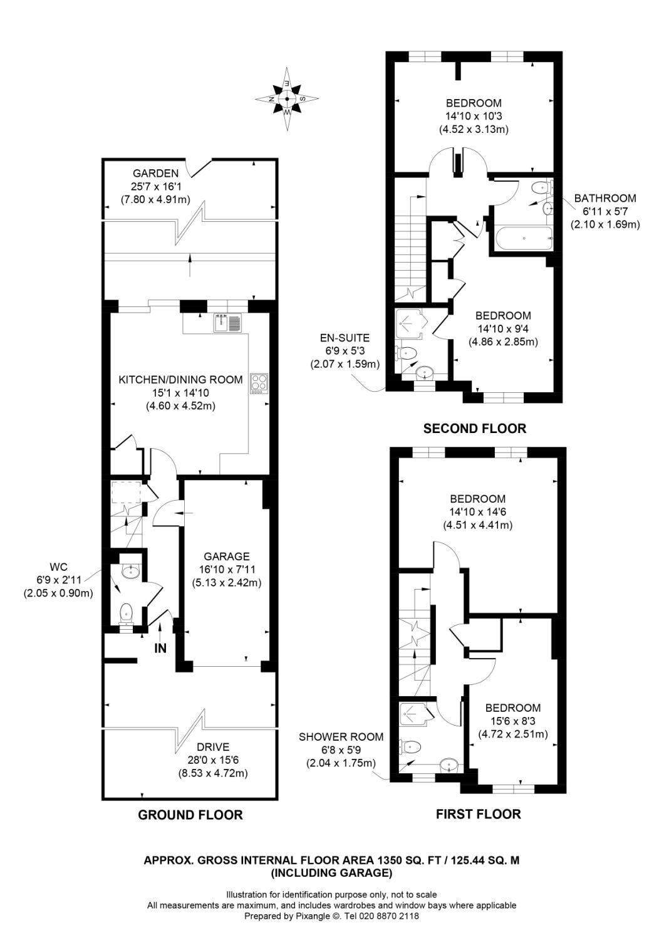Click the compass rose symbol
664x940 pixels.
click(x=287, y=98)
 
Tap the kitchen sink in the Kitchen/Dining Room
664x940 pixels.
click(x=227, y=323)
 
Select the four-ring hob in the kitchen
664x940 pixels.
click(x=259, y=383)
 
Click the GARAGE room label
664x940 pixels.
click(x=226, y=556)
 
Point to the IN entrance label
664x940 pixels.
click(x=160, y=649)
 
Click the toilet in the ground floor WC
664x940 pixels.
click(x=127, y=612)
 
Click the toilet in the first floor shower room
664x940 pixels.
click(x=412, y=746)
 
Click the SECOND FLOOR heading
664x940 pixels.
click(x=474, y=429)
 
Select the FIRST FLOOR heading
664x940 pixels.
click(x=478, y=814)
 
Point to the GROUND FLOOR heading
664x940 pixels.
click(x=190, y=815)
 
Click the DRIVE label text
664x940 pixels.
click(x=213, y=747)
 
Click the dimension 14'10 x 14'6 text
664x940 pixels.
click(x=477, y=512)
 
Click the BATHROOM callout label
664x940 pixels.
click(x=604, y=198)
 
